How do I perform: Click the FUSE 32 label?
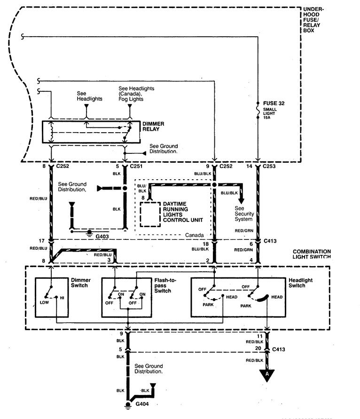pos(274,103)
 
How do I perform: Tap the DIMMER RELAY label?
pos(153,126)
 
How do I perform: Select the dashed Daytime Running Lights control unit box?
pos(150,214)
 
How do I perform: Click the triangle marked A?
pos(267,375)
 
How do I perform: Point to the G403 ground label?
pos(102,236)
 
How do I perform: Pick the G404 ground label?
pos(142,404)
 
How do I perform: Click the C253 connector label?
pos(269,166)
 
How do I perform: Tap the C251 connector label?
pos(136,166)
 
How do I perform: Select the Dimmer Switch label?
pos(81,283)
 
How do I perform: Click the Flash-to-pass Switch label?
pos(165,285)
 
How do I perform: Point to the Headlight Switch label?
pos(300,283)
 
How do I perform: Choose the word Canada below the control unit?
pos(195,235)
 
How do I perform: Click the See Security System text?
pos(244,213)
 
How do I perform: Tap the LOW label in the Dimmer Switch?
pos(44,302)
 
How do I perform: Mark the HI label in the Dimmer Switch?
pos(62,298)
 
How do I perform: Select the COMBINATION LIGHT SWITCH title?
pos(312,254)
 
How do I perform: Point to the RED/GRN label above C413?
pos(244,230)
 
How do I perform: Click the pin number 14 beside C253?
pos(249,166)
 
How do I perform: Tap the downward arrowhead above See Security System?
pos(242,201)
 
